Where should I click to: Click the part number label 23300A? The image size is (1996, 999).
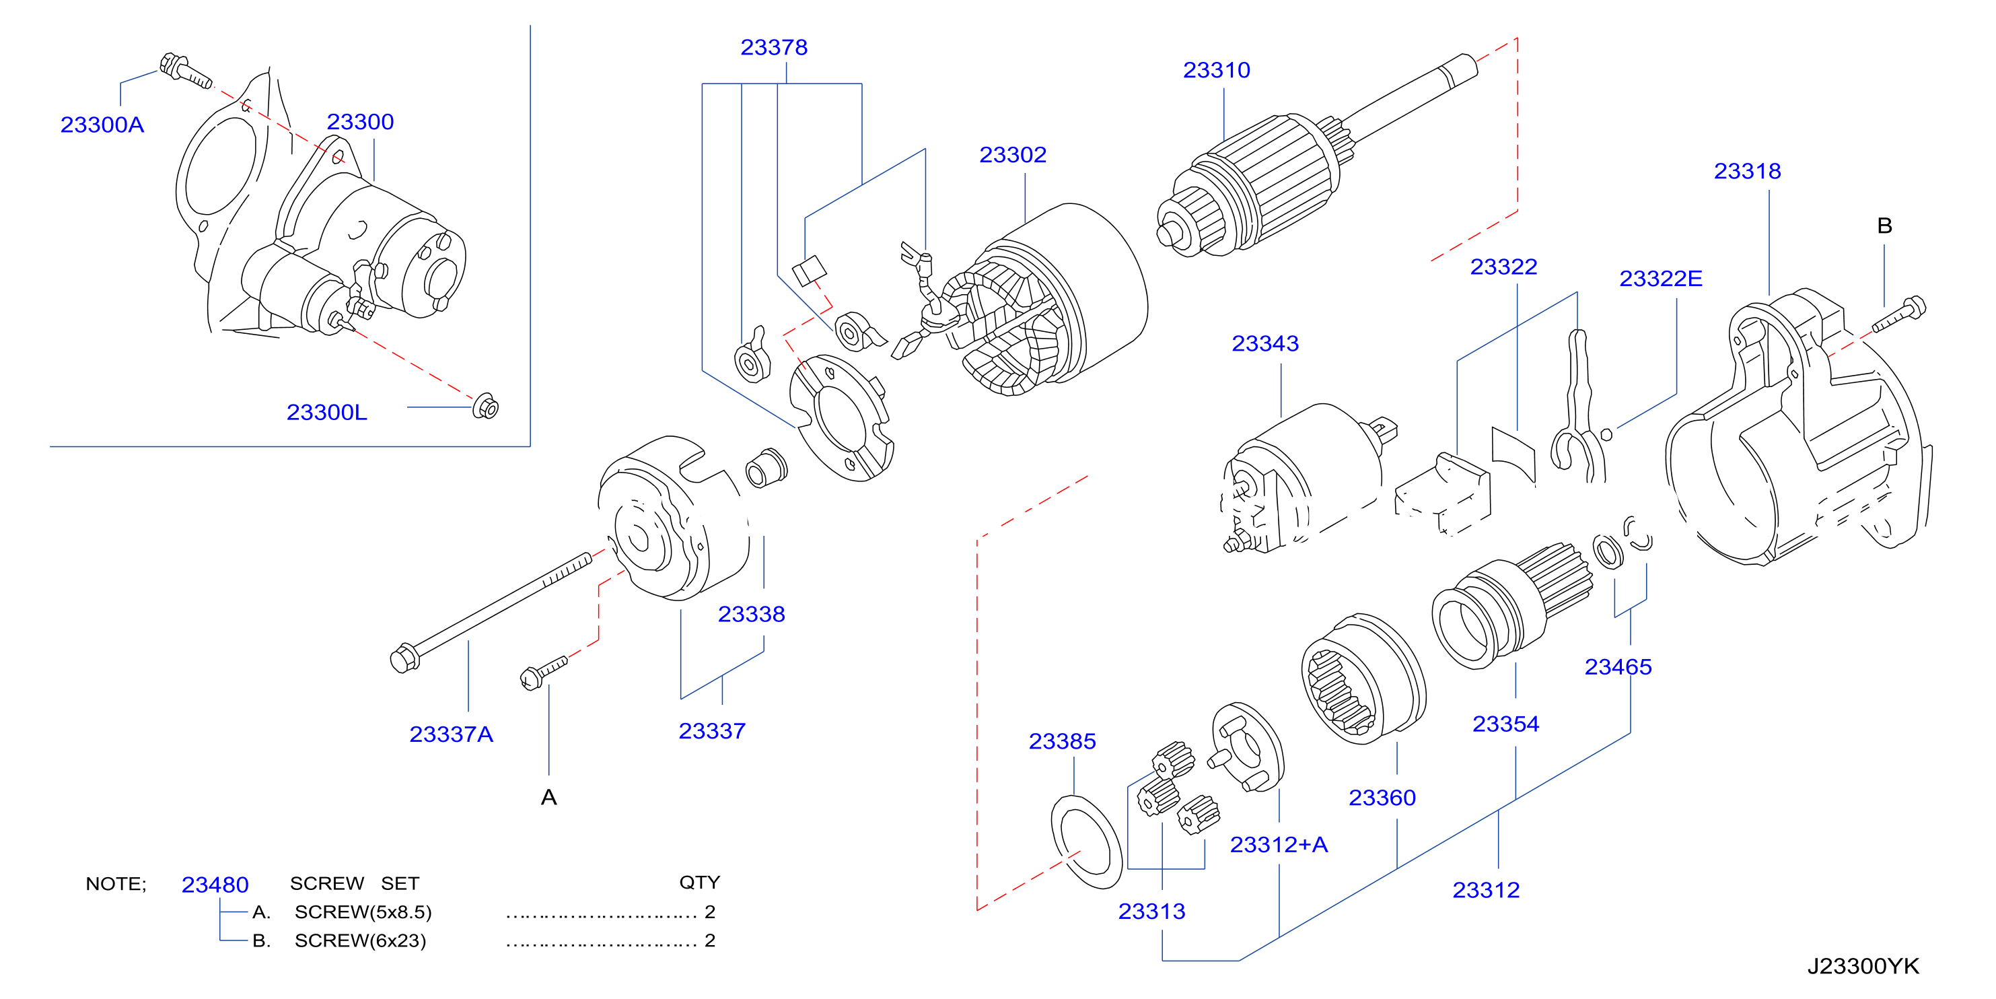[x=102, y=125]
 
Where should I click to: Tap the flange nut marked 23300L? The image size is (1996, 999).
[x=486, y=406]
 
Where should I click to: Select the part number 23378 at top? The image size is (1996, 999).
[x=774, y=47]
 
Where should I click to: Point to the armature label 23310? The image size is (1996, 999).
[x=1217, y=70]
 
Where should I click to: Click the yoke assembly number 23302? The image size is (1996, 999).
[x=1013, y=155]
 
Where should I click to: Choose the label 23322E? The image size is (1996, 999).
[x=1660, y=278]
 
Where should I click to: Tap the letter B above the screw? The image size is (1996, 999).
[x=1884, y=226]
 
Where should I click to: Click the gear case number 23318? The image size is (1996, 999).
[x=1747, y=171]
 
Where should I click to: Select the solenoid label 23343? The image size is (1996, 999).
[x=1265, y=343]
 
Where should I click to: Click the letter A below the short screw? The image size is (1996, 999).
[x=548, y=798]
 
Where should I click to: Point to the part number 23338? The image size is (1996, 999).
[x=752, y=615]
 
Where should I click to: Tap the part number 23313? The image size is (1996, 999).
[x=1151, y=911]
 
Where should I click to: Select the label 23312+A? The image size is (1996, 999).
[x=1279, y=845]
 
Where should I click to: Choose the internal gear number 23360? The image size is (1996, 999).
[x=1382, y=798]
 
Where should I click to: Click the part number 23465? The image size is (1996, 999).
[x=1618, y=667]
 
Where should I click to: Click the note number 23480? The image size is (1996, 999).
[x=215, y=885]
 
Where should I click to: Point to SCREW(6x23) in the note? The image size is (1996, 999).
[x=360, y=941]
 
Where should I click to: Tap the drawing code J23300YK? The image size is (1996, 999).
[x=1863, y=967]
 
